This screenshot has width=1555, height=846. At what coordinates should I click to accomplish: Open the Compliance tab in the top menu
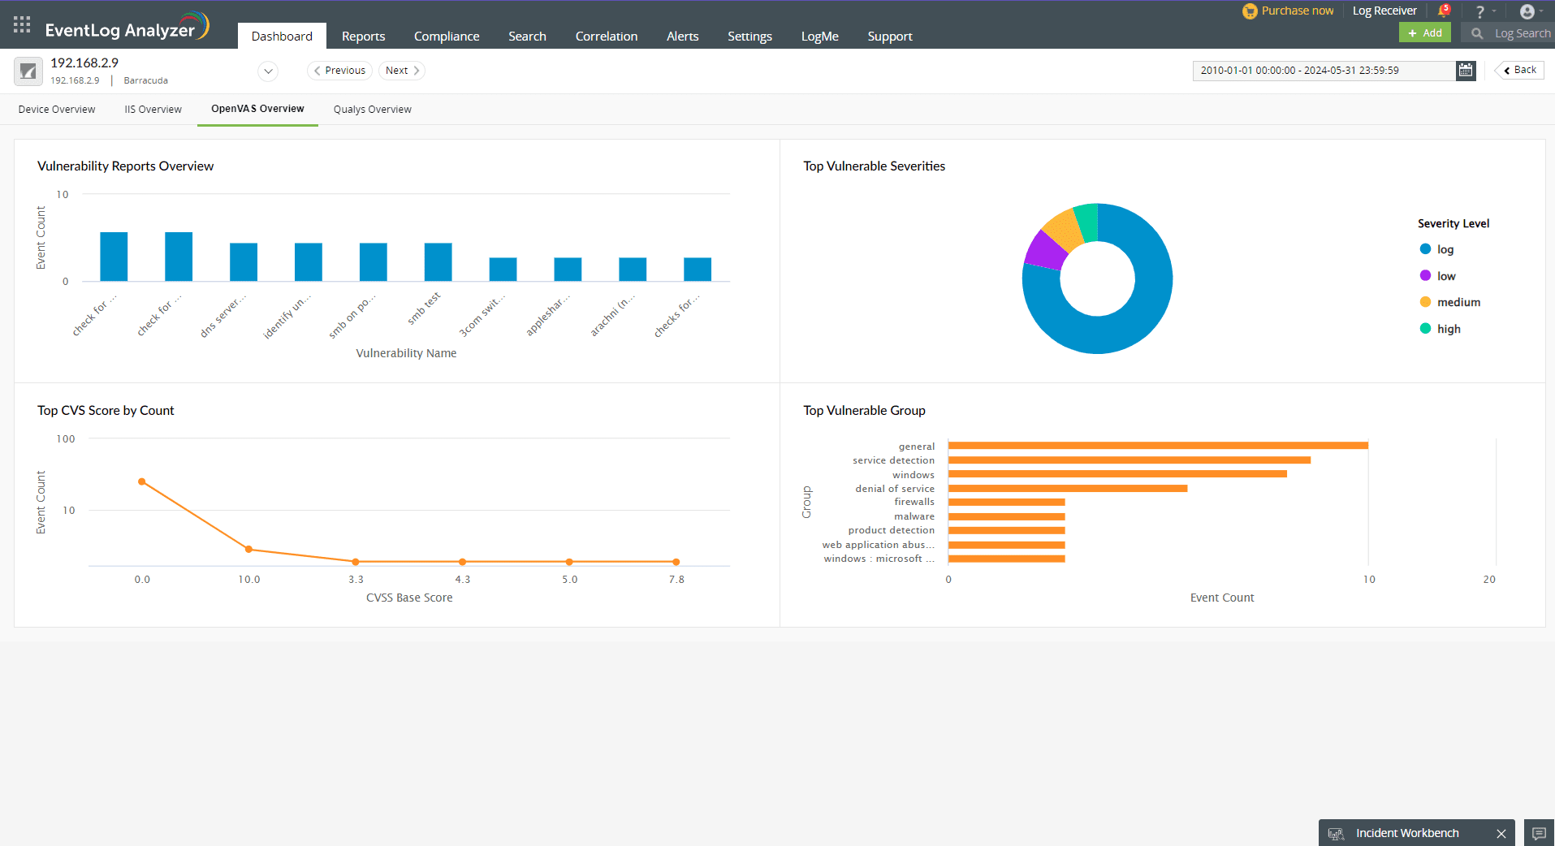(446, 37)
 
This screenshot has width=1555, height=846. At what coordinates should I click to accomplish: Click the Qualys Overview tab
(372, 110)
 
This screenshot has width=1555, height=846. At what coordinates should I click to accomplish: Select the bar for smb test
(438, 261)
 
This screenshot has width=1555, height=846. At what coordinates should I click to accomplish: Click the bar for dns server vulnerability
(243, 261)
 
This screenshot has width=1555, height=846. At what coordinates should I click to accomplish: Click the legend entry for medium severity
(1458, 302)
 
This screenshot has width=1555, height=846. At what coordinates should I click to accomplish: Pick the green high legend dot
(1425, 329)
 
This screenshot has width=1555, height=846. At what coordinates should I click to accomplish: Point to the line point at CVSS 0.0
(142, 481)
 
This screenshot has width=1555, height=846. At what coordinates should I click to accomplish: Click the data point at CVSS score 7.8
(676, 562)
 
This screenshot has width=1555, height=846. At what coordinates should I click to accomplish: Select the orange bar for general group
(1157, 446)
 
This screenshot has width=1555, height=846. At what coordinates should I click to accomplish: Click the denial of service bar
(1067, 489)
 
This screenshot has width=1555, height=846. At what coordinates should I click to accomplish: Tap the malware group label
(914, 516)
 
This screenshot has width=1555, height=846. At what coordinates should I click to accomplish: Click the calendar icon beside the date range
(1465, 71)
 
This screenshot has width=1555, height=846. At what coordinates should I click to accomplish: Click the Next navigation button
(401, 71)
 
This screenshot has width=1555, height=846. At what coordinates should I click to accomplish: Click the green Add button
(1424, 33)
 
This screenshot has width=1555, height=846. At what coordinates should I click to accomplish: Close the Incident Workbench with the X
(1501, 833)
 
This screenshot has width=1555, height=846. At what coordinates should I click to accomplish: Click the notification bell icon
(1443, 11)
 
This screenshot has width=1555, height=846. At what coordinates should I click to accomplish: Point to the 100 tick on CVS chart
(66, 439)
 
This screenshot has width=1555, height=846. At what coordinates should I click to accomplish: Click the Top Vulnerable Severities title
(874, 166)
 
